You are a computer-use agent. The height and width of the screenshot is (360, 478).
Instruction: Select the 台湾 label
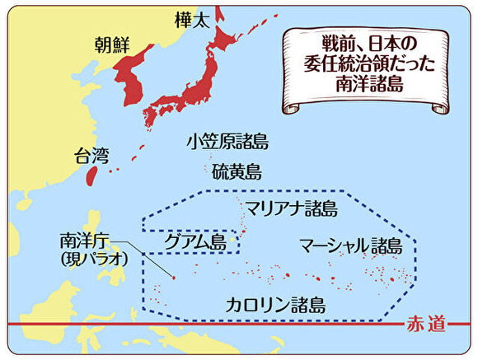point(91,154)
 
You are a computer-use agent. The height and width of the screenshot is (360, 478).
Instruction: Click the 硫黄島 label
point(237,172)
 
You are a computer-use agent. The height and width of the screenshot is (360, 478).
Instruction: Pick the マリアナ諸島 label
point(291,208)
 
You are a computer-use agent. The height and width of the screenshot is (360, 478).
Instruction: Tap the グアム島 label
point(195,241)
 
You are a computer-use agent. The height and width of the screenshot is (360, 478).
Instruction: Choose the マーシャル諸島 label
point(350,245)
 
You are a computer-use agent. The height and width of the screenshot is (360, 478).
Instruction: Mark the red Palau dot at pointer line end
point(173,278)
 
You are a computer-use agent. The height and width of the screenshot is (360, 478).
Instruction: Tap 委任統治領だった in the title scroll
point(368,63)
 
